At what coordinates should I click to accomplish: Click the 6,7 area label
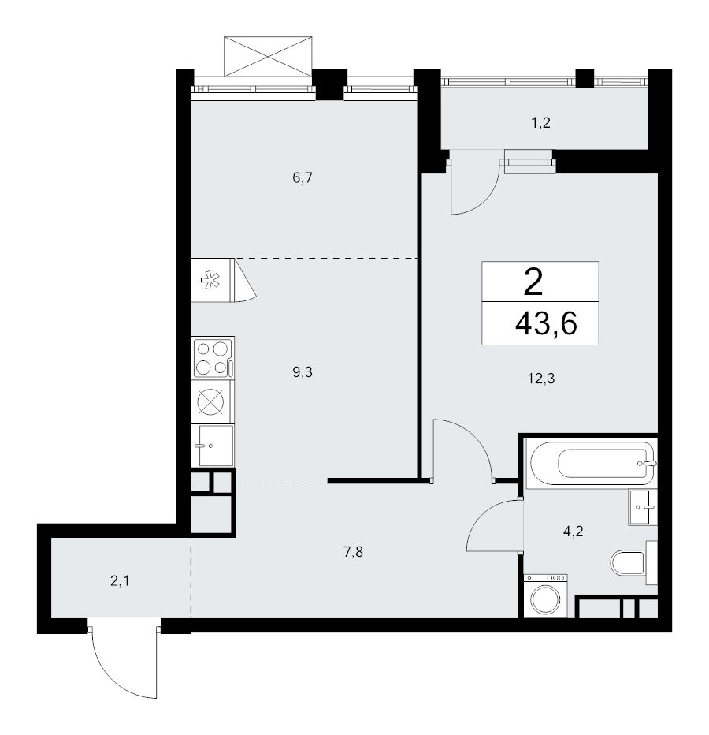302,178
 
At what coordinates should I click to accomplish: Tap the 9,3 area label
302,372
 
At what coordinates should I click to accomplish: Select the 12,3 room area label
541,379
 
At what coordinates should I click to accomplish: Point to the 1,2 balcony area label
540,123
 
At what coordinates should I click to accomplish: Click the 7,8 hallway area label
353,552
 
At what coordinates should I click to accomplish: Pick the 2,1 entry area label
120,581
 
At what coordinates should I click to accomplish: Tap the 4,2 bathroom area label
574,532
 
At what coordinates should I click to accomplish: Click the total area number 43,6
546,323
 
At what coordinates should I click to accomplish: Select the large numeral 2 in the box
533,282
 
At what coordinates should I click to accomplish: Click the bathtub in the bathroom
592,463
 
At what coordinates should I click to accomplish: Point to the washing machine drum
546,599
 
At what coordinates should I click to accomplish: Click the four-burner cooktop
213,359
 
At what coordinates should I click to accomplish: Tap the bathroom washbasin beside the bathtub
644,507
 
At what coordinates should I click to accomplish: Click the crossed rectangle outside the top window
268,56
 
